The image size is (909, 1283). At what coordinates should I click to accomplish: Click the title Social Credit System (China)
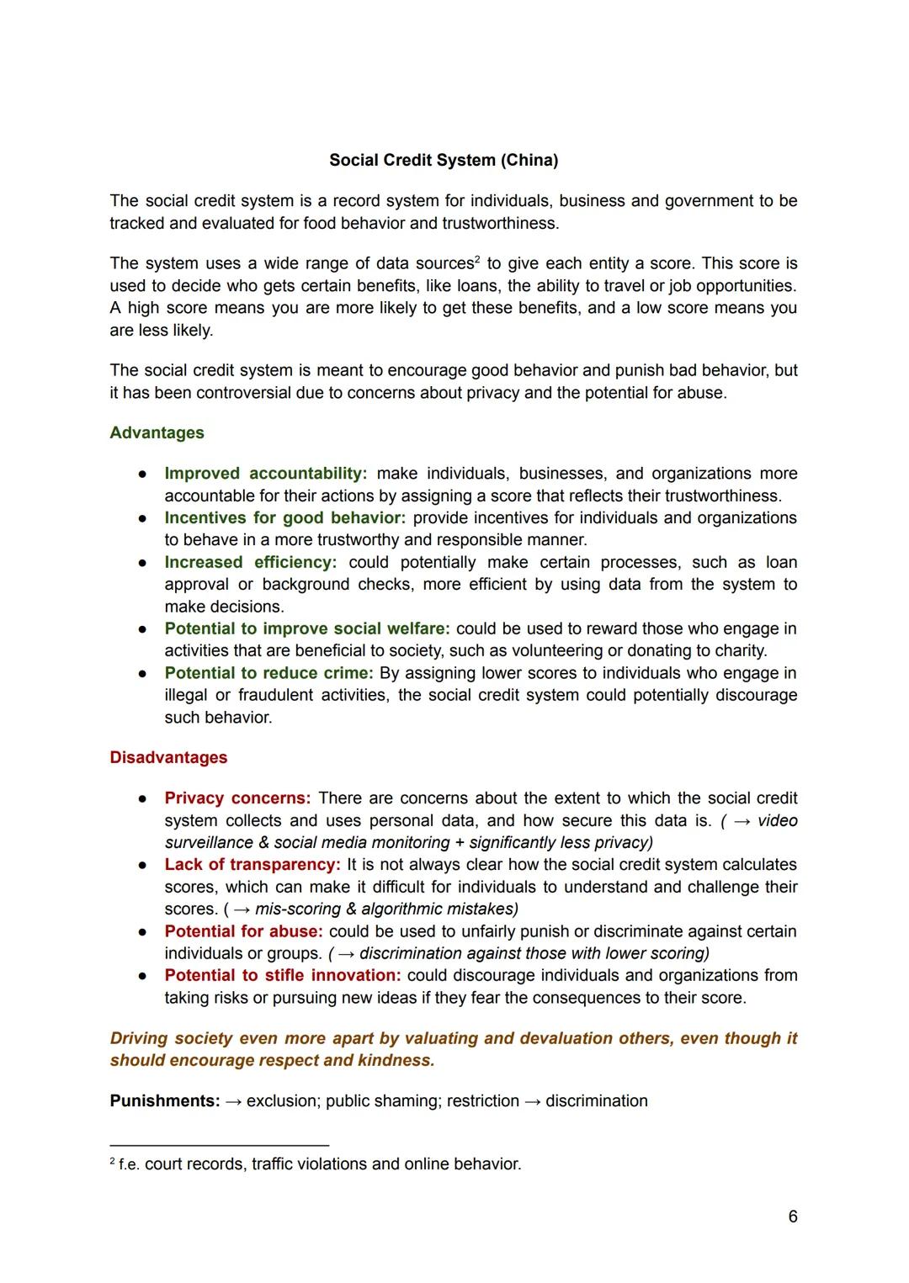[x=444, y=160]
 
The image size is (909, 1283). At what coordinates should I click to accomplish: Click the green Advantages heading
[x=157, y=432]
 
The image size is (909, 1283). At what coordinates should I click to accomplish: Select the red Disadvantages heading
[x=168, y=757]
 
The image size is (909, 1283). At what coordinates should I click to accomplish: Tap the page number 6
[x=792, y=1217]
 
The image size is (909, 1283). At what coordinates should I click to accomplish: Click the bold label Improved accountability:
[x=266, y=474]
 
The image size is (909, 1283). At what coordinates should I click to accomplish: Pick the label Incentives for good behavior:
[x=284, y=517]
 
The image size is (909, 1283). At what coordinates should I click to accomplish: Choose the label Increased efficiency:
[x=250, y=562]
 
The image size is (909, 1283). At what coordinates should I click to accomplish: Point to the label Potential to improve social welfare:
[x=307, y=628]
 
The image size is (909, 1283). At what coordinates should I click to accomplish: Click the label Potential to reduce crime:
[x=268, y=673]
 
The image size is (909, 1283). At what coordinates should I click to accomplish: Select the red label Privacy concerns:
[x=237, y=798]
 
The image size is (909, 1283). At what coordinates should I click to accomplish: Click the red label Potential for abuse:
[x=243, y=931]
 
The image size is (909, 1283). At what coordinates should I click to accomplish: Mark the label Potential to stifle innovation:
[x=283, y=975]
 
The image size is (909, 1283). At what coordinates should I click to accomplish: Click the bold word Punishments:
[x=165, y=1100]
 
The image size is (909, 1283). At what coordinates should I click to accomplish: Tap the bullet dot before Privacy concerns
[x=144, y=798]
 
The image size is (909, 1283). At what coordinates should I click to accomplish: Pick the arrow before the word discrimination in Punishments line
[x=532, y=1100]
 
